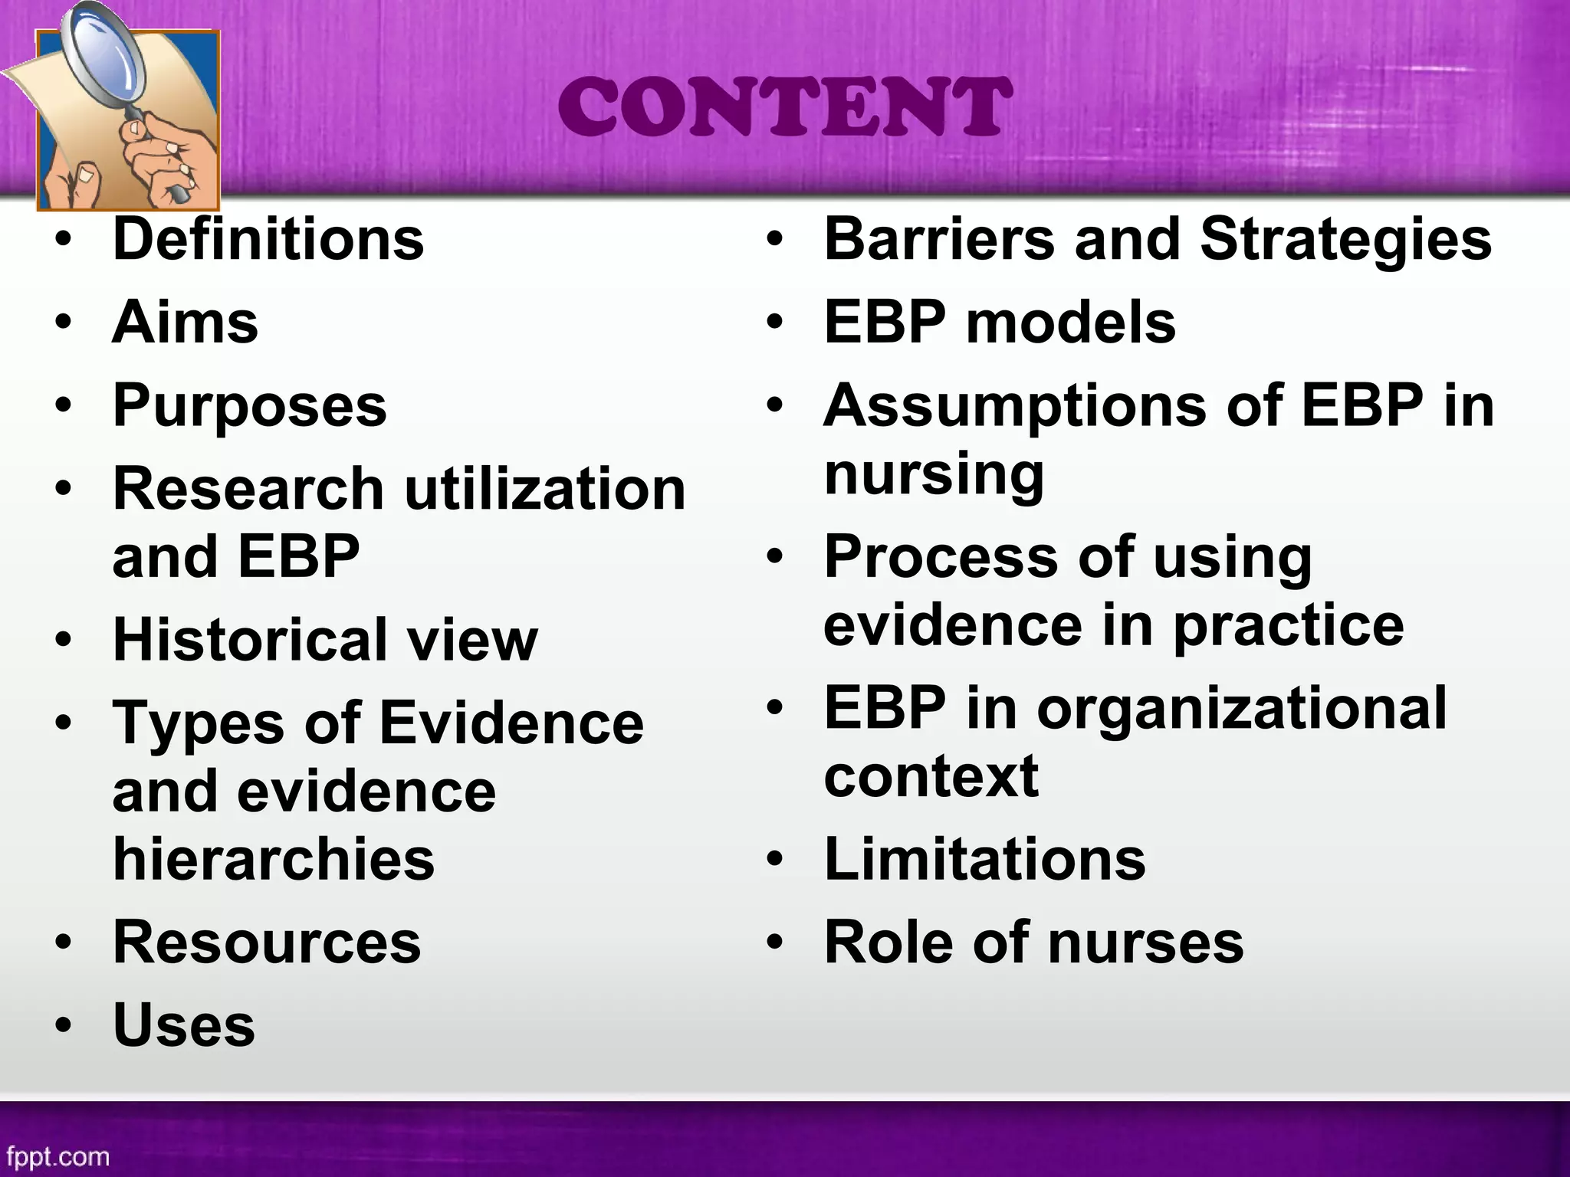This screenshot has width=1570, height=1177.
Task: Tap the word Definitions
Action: tap(268, 239)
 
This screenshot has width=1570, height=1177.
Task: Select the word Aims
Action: tap(186, 323)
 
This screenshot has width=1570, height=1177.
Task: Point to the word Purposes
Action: tap(250, 406)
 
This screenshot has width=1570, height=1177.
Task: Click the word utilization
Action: tap(545, 489)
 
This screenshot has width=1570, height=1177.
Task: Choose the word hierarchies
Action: tap(274, 859)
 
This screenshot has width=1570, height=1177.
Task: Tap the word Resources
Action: tap(267, 943)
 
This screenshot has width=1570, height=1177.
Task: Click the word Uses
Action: tap(184, 1026)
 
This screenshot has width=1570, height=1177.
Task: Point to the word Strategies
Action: tap(1346, 239)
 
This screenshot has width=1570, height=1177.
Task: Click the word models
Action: tap(1071, 323)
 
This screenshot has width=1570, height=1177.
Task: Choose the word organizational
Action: tap(1242, 708)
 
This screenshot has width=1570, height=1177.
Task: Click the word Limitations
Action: tap(985, 859)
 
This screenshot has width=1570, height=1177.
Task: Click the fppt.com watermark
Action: tap(57, 1156)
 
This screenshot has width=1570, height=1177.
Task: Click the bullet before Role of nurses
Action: tap(776, 943)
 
